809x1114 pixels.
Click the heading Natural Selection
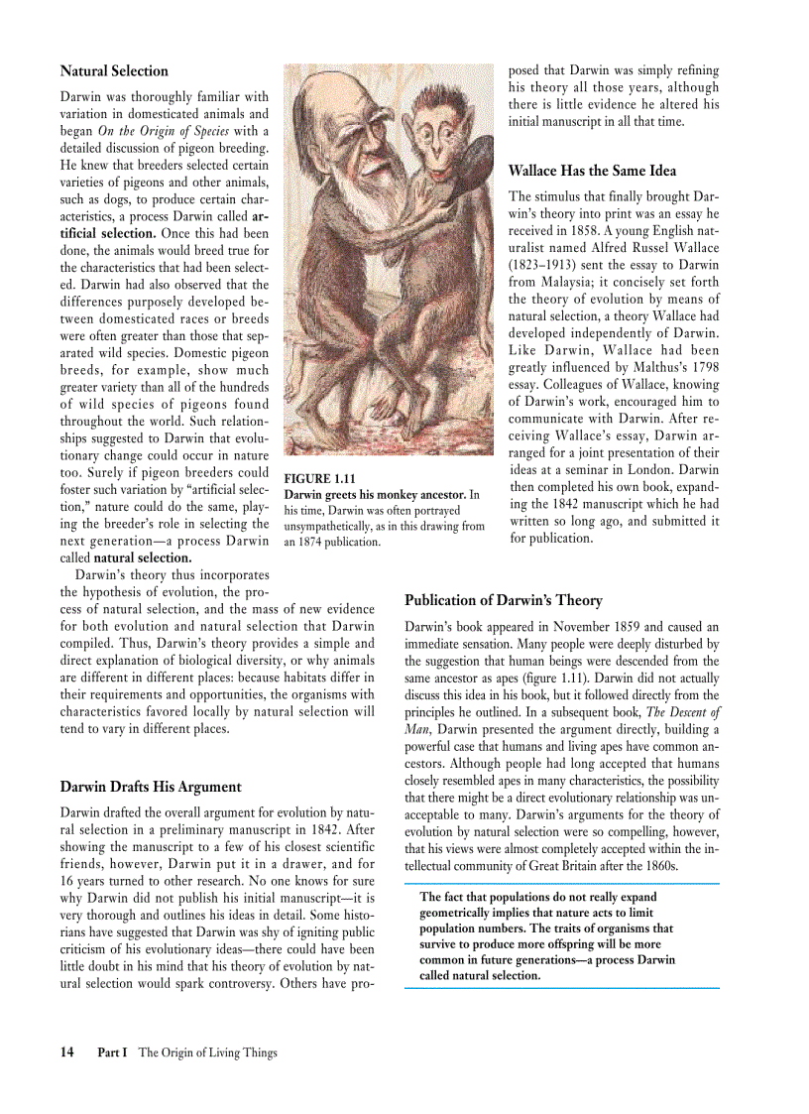[114, 71]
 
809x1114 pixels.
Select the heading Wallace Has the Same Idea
[592, 171]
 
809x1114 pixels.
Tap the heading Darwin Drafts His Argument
[151, 787]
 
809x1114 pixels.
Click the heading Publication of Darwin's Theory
[503, 600]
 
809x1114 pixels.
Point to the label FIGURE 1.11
[320, 478]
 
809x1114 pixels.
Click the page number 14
[67, 1052]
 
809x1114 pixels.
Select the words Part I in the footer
[112, 1052]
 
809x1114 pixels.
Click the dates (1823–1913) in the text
[543, 265]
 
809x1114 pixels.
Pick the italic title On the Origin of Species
[164, 131]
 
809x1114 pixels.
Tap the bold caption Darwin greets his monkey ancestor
[375, 494]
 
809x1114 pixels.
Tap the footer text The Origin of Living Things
[207, 1052]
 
